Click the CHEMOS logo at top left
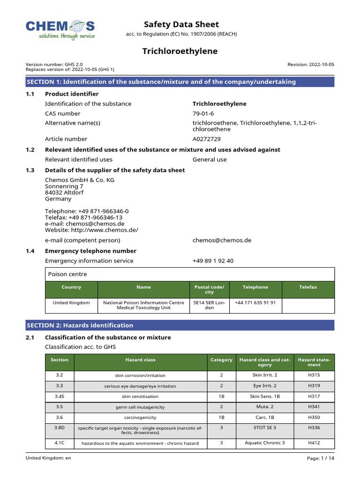60,29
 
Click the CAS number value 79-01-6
203,113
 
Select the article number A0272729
207,139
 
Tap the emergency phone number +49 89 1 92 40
213,261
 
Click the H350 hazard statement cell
314,417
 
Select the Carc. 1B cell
264,417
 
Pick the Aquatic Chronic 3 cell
264,443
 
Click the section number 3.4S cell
60,397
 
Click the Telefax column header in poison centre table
308,287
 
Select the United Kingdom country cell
71,303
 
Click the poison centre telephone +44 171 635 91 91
255,303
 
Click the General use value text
209,159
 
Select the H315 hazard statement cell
314,375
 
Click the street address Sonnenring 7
64,186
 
